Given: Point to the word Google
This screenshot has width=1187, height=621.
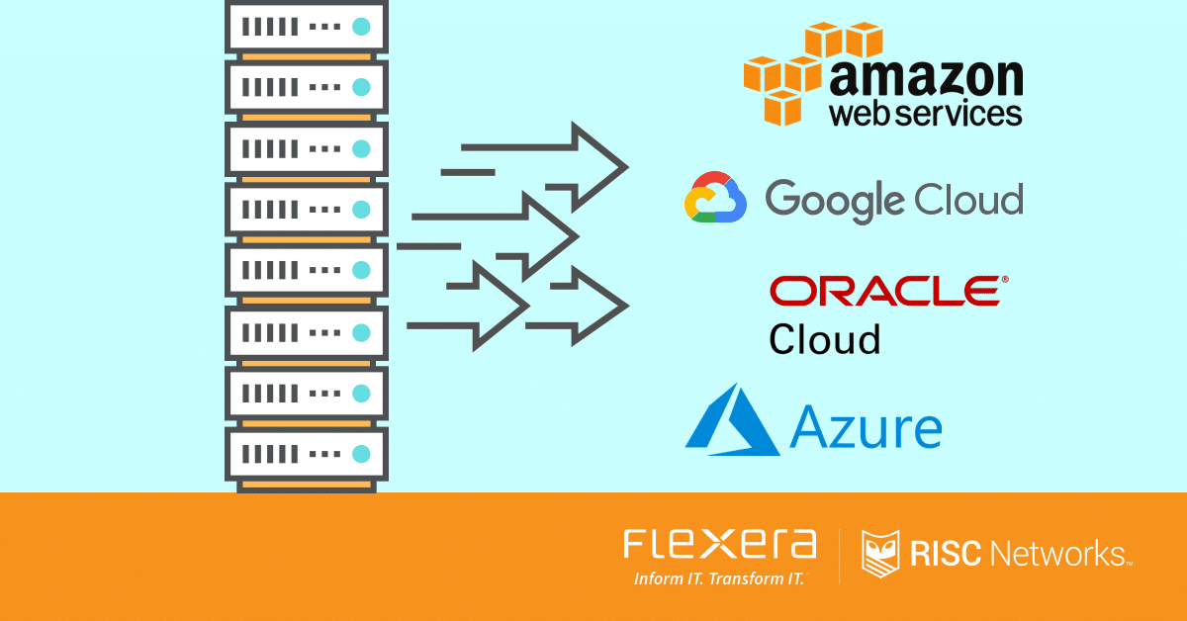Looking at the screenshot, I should pos(822,201).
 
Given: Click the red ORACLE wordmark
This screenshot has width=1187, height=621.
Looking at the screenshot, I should pos(883,291).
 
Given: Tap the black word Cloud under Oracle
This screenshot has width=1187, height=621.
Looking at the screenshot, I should pos(825,339).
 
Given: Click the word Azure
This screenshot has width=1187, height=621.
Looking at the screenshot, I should pos(866,427).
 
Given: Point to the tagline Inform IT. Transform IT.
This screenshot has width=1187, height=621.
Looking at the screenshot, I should pos(721,579).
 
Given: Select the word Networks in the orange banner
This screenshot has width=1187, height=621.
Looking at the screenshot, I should pos(1057,555).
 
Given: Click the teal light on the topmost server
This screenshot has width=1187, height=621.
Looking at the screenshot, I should pos(361,25).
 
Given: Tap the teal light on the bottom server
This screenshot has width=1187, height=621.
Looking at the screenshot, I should pos(361,454).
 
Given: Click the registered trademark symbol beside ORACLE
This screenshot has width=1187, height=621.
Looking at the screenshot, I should pos(1006,280).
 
